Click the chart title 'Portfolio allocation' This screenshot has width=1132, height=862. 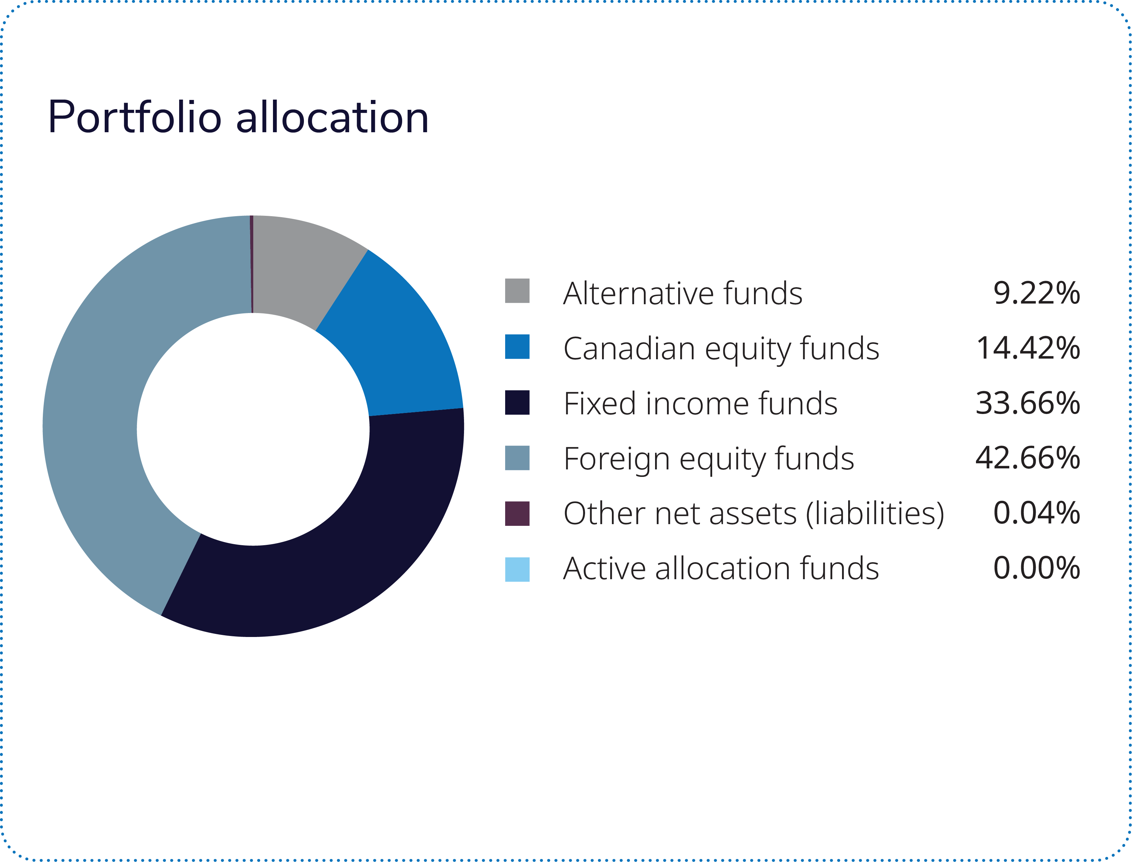click(x=238, y=118)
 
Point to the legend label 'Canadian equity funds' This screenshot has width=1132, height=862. click(x=721, y=349)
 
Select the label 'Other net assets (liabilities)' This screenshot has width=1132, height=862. click(x=753, y=514)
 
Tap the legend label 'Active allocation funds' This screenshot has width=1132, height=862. click(x=721, y=569)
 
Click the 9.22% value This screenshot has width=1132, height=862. click(x=1036, y=293)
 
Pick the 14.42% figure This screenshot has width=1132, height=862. click(x=1028, y=348)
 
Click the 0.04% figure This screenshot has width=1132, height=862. click(x=1036, y=513)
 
